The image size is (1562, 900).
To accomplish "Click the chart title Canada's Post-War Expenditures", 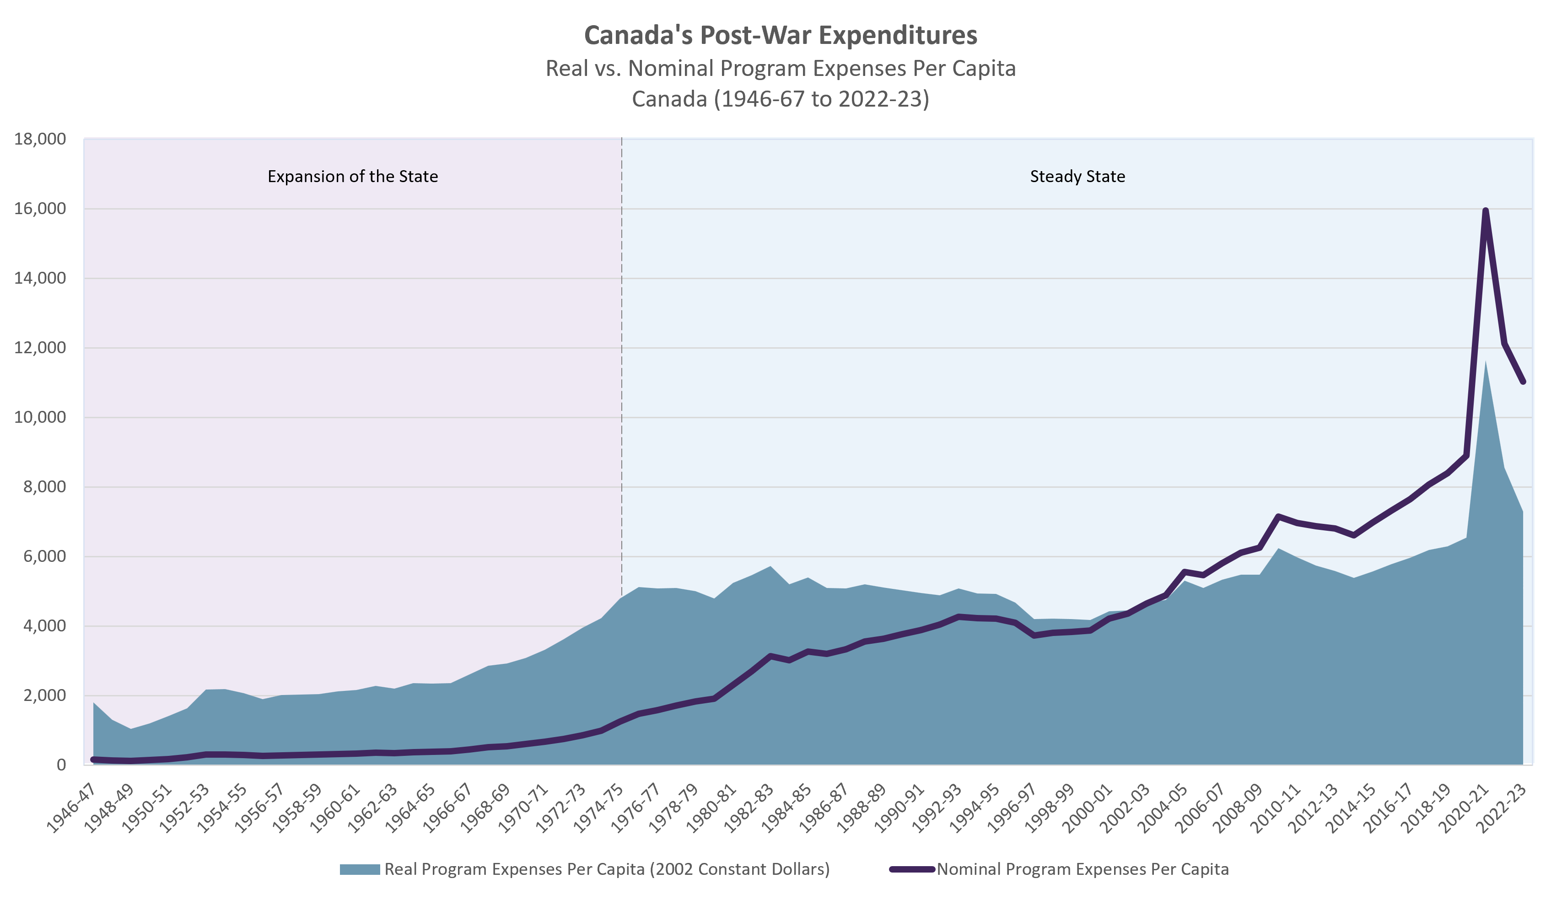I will pyautogui.click(x=781, y=35).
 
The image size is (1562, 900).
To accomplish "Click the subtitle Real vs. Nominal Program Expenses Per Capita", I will pyautogui.click(x=781, y=68).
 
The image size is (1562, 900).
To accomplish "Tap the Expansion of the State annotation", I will pyautogui.click(x=352, y=177).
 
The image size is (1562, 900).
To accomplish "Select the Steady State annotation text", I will pyautogui.click(x=1077, y=177).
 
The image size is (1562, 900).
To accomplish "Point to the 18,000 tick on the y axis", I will pyautogui.click(x=40, y=139).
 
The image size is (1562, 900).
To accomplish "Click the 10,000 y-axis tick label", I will pyautogui.click(x=40, y=417).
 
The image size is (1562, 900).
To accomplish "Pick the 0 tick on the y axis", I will pyautogui.click(x=60, y=765).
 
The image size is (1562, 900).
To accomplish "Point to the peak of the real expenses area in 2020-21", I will pyautogui.click(x=1485, y=361).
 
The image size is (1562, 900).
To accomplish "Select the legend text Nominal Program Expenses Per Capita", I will pyautogui.click(x=1083, y=869).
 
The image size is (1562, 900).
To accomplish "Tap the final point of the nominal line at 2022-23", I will pyautogui.click(x=1523, y=382).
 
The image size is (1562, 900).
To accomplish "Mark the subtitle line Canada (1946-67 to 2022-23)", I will pyautogui.click(x=781, y=99).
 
